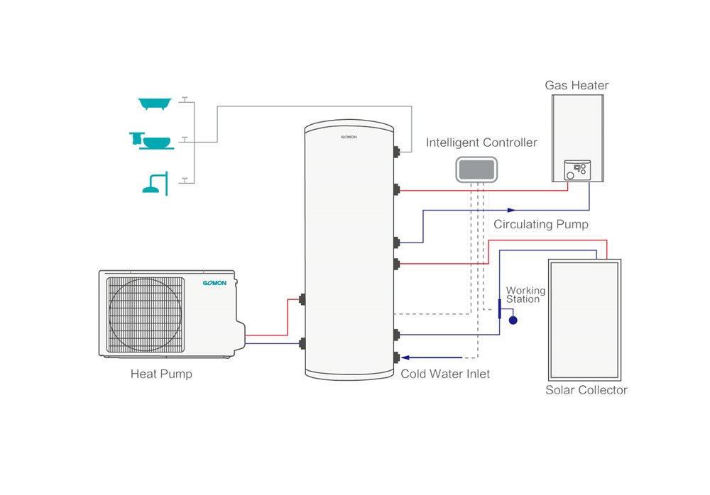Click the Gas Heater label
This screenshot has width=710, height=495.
[x=577, y=85]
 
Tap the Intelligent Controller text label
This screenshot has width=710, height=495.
[x=481, y=143]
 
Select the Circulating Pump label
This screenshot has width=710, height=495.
[x=540, y=224]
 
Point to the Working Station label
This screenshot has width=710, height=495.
[x=525, y=294]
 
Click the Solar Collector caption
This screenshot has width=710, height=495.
[x=586, y=390]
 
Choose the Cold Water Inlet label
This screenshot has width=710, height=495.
[x=445, y=374]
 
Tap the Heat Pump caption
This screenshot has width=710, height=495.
[x=161, y=374]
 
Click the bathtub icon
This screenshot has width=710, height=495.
[x=155, y=104]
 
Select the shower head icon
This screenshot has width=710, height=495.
[x=155, y=184]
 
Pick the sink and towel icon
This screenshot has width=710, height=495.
[x=151, y=140]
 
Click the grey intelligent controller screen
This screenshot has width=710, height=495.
[x=476, y=169]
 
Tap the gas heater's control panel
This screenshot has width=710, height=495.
[x=577, y=170]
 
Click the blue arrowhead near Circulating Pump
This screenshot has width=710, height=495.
[x=511, y=210]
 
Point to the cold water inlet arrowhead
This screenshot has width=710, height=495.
[x=405, y=357]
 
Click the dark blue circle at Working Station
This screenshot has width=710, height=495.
[x=513, y=321]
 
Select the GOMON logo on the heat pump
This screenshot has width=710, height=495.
[x=214, y=283]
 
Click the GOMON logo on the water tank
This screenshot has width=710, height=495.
[x=349, y=137]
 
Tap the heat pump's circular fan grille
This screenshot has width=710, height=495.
[x=145, y=315]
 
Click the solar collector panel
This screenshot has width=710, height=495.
[x=584, y=320]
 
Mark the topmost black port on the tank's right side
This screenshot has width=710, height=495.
[x=397, y=152]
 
